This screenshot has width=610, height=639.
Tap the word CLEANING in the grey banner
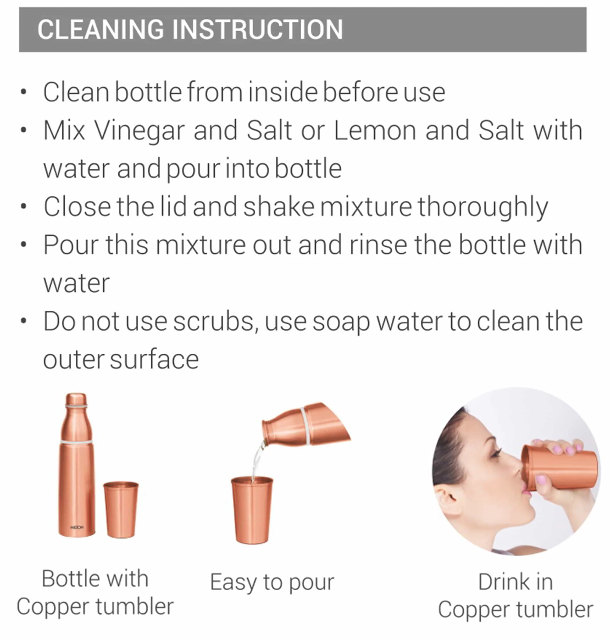(100, 29)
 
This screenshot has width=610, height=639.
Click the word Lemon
(375, 131)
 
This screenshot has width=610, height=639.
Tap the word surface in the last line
(154, 360)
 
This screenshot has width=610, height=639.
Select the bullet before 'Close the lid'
(23, 206)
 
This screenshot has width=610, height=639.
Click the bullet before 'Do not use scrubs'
(23, 321)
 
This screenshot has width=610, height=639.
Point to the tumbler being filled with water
(252, 510)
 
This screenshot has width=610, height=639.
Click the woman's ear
(449, 498)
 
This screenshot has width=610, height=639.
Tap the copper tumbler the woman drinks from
(559, 467)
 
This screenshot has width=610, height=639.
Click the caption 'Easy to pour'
(272, 582)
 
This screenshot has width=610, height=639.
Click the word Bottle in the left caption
(70, 579)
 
